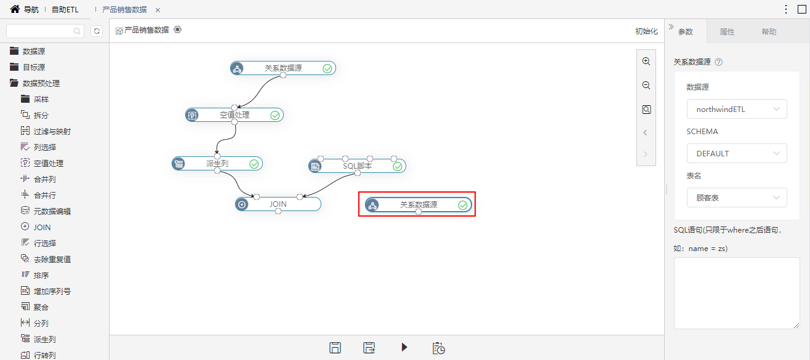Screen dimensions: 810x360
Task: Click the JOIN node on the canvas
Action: click(278, 204)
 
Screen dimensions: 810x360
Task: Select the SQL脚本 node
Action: click(357, 166)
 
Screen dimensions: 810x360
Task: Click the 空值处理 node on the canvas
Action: click(235, 115)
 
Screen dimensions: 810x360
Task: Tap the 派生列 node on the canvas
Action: click(217, 164)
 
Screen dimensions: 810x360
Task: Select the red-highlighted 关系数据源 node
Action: click(419, 205)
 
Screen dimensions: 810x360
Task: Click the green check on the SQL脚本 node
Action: click(398, 167)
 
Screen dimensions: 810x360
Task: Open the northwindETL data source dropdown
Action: click(737, 109)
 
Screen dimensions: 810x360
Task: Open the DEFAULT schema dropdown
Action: click(737, 153)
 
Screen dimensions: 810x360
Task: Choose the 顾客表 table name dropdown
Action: click(737, 198)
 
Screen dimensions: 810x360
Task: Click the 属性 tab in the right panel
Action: click(727, 32)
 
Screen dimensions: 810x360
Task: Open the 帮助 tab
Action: click(769, 32)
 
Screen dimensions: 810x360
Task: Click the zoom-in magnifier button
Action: click(646, 62)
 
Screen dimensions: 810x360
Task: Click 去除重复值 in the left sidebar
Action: click(52, 259)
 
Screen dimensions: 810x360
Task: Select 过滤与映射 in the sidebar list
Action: click(52, 131)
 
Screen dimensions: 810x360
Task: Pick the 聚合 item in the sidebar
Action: click(41, 307)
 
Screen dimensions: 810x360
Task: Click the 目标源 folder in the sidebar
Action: click(34, 67)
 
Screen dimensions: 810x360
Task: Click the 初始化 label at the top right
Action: click(646, 31)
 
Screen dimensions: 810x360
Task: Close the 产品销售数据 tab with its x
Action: click(158, 10)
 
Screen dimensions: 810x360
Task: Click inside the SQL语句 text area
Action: click(737, 293)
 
